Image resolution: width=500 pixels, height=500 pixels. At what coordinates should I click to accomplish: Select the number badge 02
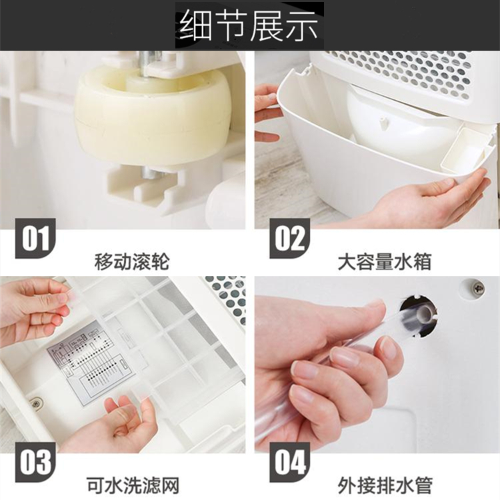tap(289, 239)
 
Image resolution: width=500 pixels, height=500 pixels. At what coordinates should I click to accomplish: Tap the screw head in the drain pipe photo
tap(478, 289)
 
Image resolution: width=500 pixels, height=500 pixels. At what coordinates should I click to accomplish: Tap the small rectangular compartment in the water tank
tap(467, 150)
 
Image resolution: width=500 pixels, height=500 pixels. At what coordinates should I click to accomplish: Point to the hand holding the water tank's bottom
tap(427, 200)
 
